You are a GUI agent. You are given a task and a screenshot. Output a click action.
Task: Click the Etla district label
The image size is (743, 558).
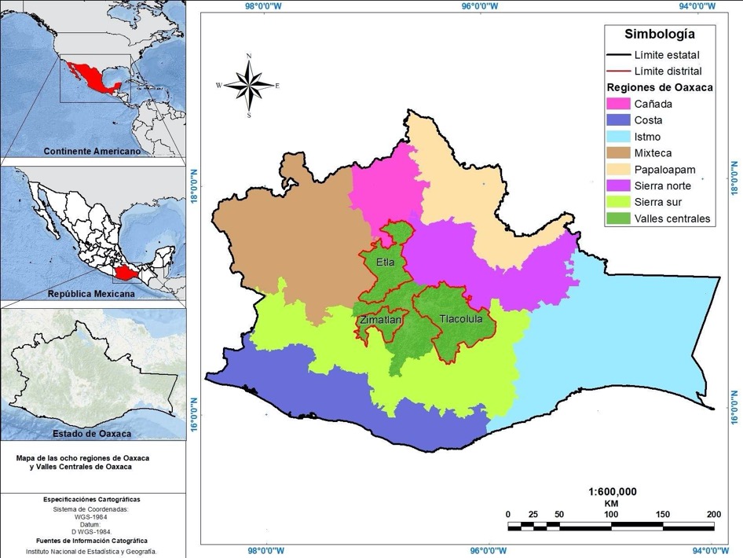[386, 262]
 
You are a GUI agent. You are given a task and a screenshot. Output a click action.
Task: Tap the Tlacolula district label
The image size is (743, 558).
[461, 320]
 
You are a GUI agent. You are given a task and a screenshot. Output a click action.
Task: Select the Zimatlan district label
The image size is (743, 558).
[381, 321]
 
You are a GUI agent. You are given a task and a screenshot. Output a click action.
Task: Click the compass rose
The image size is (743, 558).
[249, 85]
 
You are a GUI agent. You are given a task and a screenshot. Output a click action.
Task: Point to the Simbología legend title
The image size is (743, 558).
[659, 34]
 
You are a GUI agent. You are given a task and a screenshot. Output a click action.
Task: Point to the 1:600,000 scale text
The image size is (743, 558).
[612, 491]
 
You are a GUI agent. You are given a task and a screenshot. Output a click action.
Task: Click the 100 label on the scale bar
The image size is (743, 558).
[610, 515]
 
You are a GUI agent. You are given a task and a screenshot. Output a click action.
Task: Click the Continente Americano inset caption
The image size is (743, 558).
[92, 151]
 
